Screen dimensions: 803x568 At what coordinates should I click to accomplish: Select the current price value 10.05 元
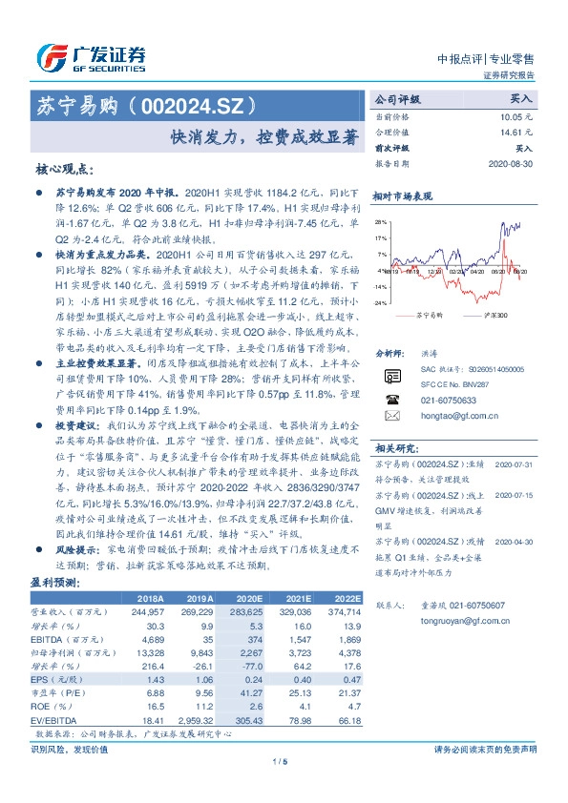(x=516, y=115)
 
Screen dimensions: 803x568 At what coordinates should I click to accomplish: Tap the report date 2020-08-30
(x=509, y=164)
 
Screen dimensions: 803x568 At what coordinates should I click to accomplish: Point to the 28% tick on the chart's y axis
(x=381, y=220)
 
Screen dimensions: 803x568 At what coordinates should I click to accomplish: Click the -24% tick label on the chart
(x=380, y=303)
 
